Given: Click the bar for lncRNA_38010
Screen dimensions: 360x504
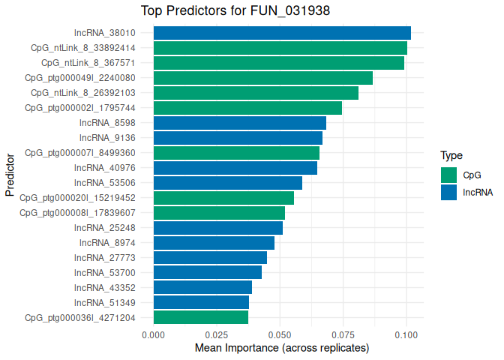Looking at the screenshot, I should tap(282, 33).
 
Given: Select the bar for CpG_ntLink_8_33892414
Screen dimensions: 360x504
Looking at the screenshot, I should tap(280, 48).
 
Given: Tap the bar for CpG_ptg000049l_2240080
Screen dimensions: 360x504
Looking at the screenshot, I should tap(263, 78).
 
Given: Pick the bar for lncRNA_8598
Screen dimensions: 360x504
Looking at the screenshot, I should tap(240, 123).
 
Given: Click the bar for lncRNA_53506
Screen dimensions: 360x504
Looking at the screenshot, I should tap(228, 183).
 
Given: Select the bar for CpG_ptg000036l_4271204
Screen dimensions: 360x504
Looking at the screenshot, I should tap(201, 317).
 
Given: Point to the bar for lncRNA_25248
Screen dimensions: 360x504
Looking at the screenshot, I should tap(218, 228).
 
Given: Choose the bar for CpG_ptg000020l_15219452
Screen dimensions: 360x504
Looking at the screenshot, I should tap(223, 198).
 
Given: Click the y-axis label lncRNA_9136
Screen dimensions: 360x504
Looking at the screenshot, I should tap(107, 138).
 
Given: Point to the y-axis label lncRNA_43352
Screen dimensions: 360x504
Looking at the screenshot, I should tap(105, 287).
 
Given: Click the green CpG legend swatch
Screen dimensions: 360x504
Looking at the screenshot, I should tap(449, 175).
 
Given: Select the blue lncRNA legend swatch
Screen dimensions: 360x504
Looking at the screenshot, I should tap(449, 192).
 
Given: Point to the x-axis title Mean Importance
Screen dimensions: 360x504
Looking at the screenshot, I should tap(282, 349).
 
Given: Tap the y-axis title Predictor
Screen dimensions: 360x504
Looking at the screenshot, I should tap(10, 175).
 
